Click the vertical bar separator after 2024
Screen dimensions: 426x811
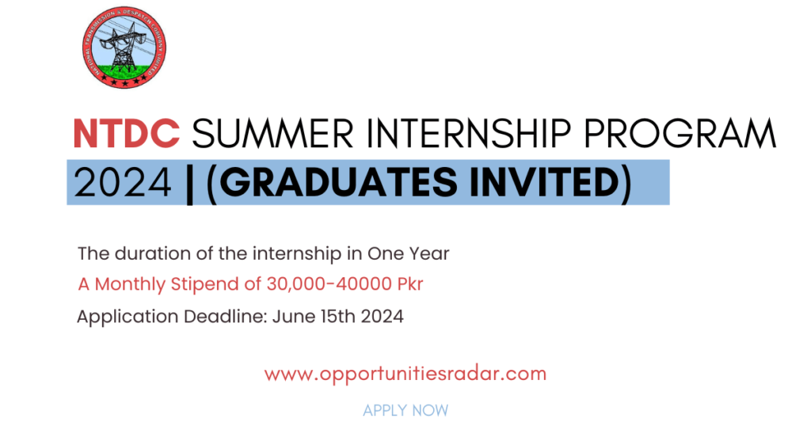point(188,183)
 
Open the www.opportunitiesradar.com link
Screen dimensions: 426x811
point(405,373)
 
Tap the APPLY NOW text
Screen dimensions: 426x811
point(405,410)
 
